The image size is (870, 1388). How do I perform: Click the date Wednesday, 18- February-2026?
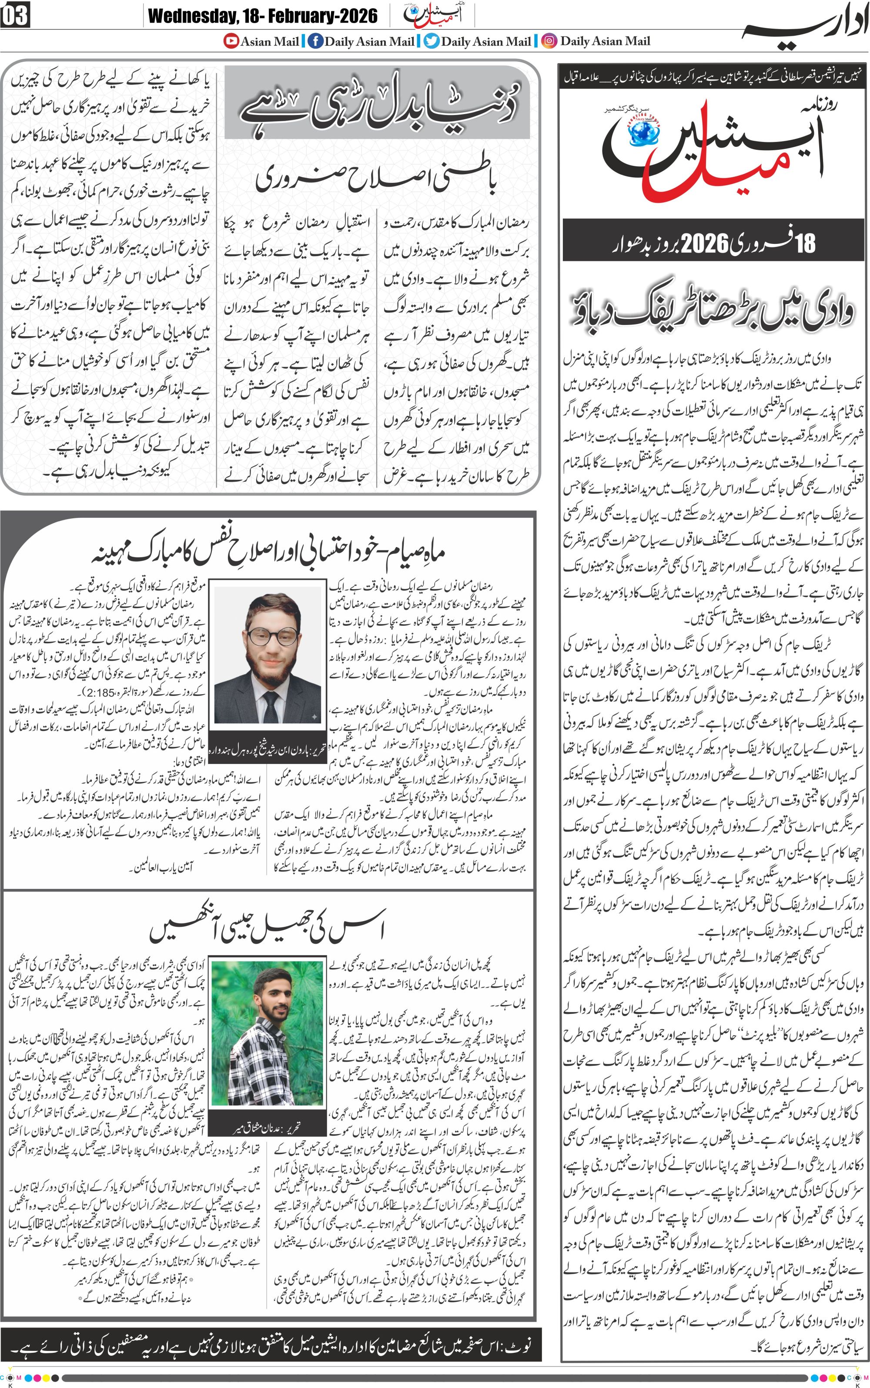pyautogui.click(x=262, y=16)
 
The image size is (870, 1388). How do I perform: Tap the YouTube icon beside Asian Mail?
pyautogui.click(x=231, y=41)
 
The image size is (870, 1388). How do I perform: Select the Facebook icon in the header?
pyautogui.click(x=315, y=41)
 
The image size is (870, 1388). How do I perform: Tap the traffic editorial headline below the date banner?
pyautogui.click(x=713, y=313)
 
